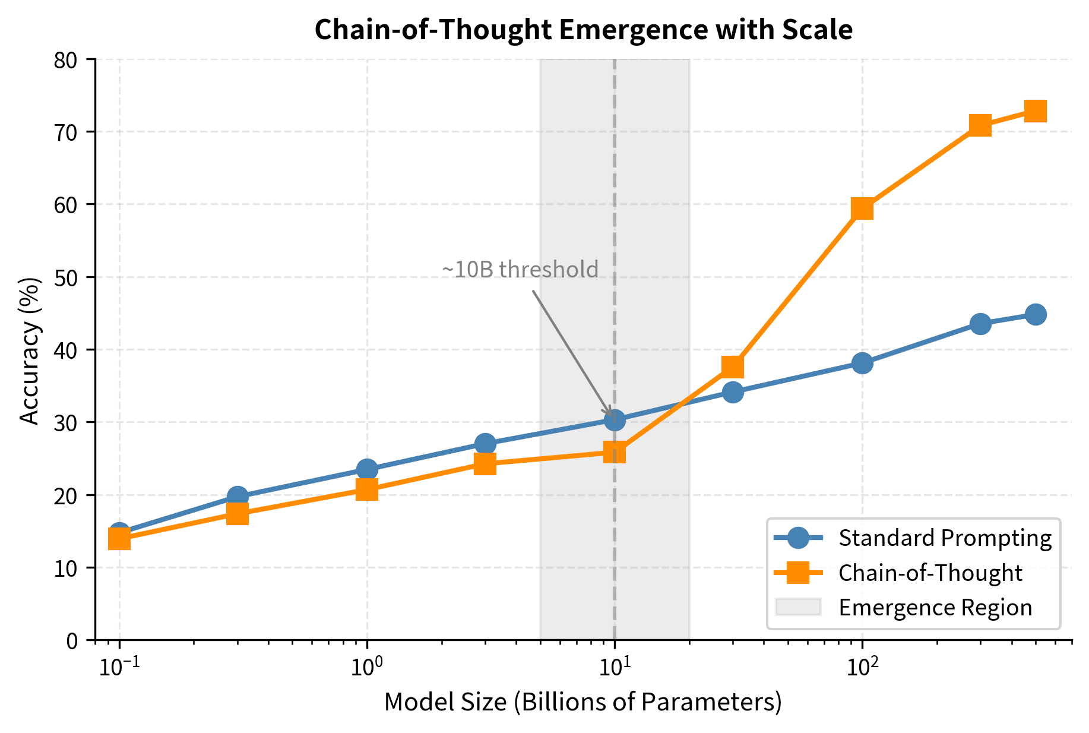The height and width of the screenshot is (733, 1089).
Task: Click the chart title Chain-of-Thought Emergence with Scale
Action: coord(583,30)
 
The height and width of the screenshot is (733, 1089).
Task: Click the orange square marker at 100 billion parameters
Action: coord(862,208)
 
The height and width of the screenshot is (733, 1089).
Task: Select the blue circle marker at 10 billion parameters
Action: coord(615,420)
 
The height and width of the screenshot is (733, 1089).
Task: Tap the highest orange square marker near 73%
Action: coord(1035,111)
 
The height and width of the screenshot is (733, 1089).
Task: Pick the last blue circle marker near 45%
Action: coord(1035,314)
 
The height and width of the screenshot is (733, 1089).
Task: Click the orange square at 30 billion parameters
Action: coord(733,366)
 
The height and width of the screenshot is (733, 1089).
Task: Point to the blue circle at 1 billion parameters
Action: coord(367,469)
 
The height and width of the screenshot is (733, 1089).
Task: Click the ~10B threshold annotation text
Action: coord(520,270)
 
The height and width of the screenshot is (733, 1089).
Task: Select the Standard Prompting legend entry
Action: coord(944,538)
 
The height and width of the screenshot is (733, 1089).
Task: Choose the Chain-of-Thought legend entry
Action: coord(930,573)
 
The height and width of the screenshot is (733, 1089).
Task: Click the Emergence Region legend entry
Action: coord(935,607)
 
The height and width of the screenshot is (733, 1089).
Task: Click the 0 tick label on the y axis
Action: coord(72,640)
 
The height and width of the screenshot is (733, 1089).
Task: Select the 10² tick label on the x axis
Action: coord(862,667)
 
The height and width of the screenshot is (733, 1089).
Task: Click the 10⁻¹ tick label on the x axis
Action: coord(119,667)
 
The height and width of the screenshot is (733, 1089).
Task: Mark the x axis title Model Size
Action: coord(583,702)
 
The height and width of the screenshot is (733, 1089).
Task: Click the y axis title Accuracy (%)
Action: coord(30,350)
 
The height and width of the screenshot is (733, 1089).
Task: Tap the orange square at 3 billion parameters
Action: coord(485,463)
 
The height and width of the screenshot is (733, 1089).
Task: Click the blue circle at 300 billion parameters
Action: coord(980,324)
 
